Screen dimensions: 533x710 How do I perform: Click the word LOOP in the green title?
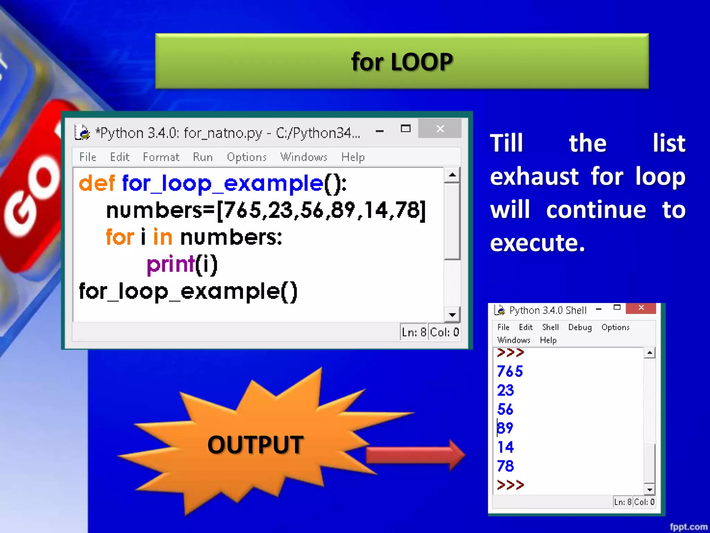pos(422,62)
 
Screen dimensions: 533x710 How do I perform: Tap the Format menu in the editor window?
pos(161,157)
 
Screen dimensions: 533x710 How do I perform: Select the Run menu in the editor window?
pos(203,157)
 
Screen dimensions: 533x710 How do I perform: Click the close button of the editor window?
pos(440,129)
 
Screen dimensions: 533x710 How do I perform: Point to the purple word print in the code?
pos(171,264)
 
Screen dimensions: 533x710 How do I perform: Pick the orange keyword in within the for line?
pos(163,237)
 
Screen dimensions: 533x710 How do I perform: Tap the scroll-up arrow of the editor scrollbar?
pos(452,175)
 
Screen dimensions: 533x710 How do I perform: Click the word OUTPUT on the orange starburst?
pos(256,445)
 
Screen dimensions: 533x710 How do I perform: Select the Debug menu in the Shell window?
pos(580,327)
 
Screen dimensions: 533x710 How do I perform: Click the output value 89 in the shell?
pos(505,428)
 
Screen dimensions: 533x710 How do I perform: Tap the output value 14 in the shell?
pos(505,447)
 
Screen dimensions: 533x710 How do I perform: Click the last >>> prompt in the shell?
pos(510,484)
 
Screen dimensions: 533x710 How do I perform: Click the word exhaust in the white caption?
pos(534,176)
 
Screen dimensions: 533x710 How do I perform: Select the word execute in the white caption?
pos(537,243)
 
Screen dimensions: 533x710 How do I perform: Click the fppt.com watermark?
pos(688,526)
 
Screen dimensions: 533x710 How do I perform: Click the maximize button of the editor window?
pos(405,129)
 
